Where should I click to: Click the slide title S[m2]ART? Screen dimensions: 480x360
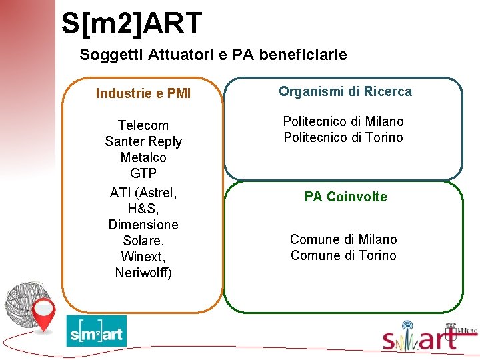(x=131, y=23)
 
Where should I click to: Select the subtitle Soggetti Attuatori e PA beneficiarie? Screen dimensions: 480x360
(x=213, y=55)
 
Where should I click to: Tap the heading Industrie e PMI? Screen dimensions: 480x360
(x=143, y=93)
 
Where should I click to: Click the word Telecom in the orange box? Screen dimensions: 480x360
(x=143, y=125)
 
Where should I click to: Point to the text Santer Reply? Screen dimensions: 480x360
(x=143, y=141)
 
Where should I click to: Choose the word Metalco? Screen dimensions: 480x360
(x=143, y=157)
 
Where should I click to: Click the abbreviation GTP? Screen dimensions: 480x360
(x=143, y=173)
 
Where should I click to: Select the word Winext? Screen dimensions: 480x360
(x=143, y=256)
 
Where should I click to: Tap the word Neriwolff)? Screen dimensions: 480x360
(x=143, y=272)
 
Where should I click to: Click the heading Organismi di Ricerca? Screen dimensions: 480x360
(x=345, y=91)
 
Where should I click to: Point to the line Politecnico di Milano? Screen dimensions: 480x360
(x=343, y=121)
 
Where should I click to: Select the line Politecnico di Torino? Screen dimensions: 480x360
(x=343, y=137)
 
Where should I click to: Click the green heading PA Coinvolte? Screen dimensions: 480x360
(x=345, y=197)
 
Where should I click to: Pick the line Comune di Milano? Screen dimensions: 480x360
(x=343, y=239)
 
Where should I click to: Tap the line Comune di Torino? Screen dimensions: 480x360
(x=343, y=255)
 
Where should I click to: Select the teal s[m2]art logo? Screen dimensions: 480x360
(x=96, y=332)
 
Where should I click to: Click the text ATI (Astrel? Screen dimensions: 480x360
(x=143, y=193)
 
